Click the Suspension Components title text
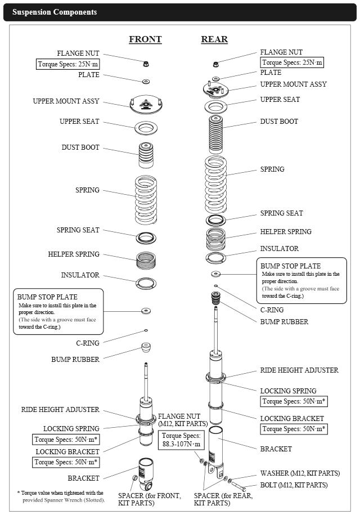point(55,12)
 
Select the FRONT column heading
point(145,39)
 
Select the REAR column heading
point(214,39)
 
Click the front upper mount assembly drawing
point(146,105)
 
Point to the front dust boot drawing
point(146,155)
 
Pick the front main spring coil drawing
point(146,200)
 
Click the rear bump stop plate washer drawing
point(215,274)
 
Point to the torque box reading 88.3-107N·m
point(181,440)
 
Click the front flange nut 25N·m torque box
point(68,64)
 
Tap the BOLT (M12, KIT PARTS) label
point(293,485)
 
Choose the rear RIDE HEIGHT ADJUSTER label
point(299,370)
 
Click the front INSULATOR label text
point(80,275)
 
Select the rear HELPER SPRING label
point(285,231)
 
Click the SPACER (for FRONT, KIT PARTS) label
point(150,499)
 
